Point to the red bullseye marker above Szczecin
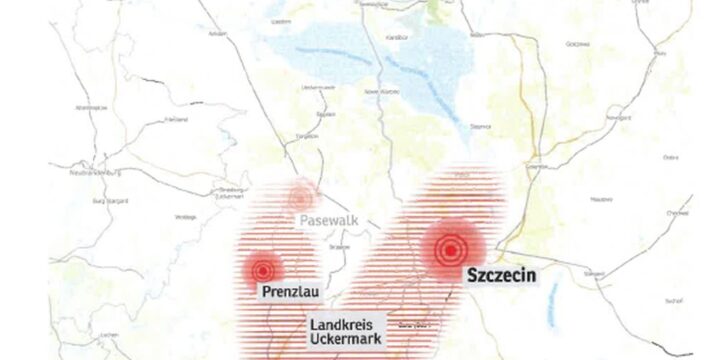click(x=451, y=248)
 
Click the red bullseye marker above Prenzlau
click(x=263, y=270)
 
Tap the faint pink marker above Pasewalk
click(x=301, y=195)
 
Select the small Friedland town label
click(x=177, y=120)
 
